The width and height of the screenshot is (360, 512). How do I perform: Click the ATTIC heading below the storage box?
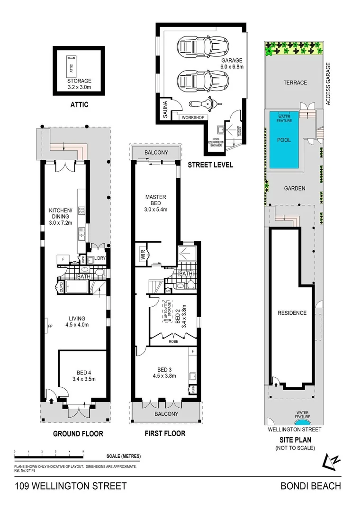point(79,104)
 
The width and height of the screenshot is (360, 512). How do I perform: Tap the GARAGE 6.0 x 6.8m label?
point(231,64)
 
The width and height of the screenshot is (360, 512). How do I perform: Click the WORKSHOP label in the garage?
point(192,117)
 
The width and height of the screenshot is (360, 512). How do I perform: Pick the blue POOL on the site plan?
point(284,140)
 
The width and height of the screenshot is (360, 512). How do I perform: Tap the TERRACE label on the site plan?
point(295,82)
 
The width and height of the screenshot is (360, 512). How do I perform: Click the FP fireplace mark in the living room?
point(49,326)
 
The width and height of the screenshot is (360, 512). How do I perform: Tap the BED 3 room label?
point(166,373)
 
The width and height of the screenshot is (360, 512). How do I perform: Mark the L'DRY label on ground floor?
point(100,258)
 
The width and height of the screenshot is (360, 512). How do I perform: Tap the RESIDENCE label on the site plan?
point(292,313)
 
